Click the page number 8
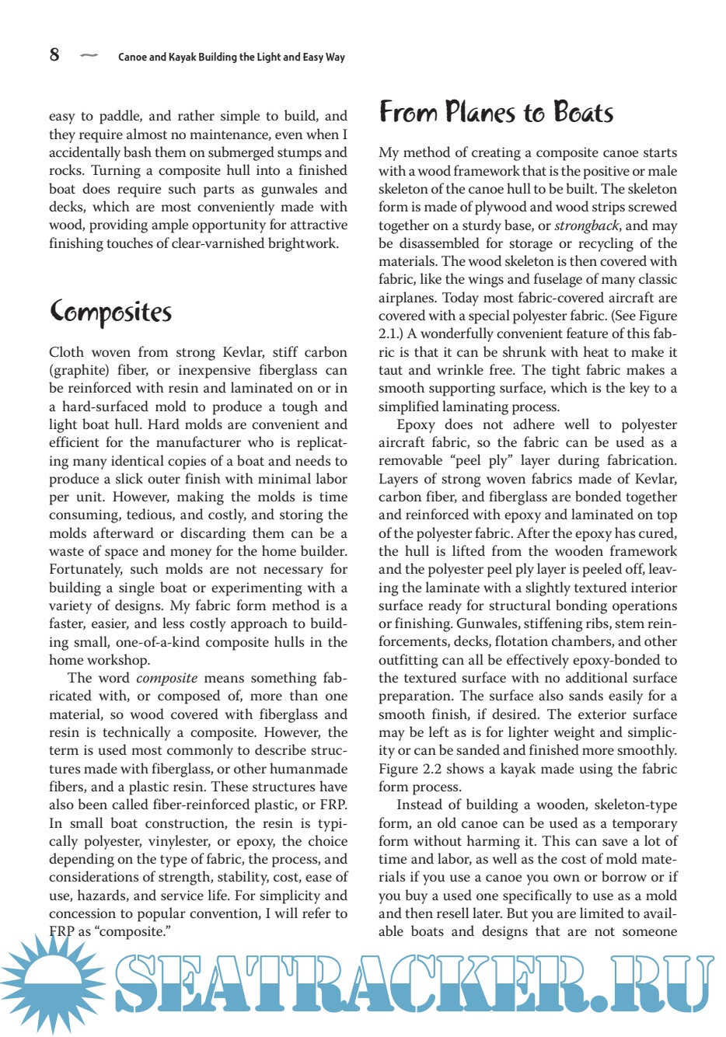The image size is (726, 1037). click(54, 54)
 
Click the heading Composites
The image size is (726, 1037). click(110, 312)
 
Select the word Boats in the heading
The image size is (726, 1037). click(584, 113)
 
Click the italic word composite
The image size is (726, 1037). click(166, 678)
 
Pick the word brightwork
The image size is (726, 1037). click(302, 243)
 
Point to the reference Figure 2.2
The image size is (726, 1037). click(410, 769)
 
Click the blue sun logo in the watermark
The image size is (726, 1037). click(51, 979)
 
